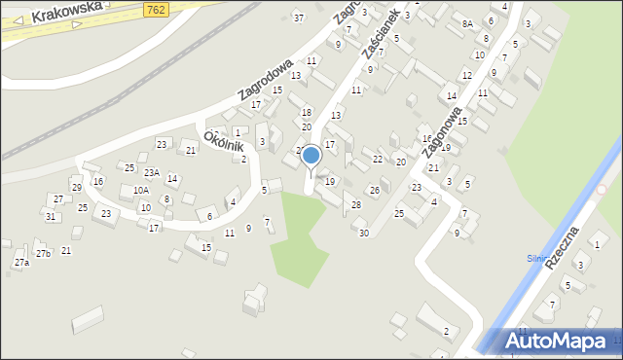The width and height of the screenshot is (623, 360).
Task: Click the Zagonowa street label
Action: (441, 132)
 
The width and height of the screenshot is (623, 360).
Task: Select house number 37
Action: (299, 18)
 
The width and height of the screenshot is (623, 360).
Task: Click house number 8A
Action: (467, 23)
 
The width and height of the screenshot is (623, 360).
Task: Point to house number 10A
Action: (141, 191)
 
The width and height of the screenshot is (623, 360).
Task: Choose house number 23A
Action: (151, 172)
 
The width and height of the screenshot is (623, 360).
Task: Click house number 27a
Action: (21, 264)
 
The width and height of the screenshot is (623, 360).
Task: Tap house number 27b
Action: (43, 254)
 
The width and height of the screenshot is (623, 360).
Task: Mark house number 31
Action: (50, 216)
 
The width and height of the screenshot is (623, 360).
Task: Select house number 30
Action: (363, 233)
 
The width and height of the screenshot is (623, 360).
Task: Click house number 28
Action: (356, 204)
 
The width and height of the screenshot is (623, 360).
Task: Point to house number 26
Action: (374, 190)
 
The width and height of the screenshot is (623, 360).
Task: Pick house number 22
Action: (378, 159)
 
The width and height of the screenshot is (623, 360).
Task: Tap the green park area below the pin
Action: (298, 238)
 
